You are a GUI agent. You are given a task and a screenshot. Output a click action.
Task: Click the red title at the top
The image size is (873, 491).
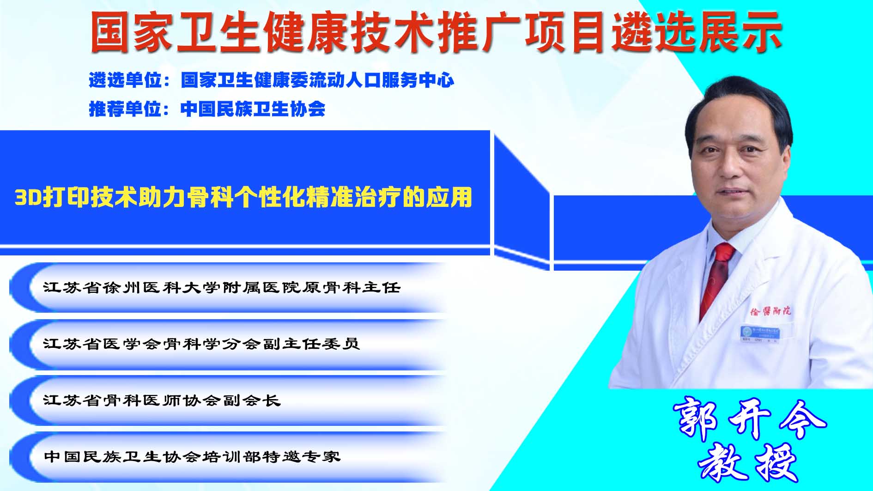(x=436, y=32)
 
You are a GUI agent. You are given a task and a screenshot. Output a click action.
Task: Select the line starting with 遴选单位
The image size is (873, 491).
(x=272, y=80)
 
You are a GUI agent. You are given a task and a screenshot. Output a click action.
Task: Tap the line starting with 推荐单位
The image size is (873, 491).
(x=207, y=109)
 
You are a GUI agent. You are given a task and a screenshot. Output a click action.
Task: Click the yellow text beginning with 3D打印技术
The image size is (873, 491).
(x=243, y=197)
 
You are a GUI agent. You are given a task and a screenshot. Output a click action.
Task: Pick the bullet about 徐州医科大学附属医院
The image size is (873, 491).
(x=222, y=287)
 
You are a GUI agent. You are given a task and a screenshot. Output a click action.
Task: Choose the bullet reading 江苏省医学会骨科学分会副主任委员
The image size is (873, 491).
(x=201, y=344)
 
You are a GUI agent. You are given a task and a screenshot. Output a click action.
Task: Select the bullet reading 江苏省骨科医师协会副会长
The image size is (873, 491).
(x=162, y=400)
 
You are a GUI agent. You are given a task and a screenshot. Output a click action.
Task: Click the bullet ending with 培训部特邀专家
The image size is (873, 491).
(x=192, y=456)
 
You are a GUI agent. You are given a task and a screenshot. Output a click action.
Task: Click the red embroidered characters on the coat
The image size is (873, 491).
(x=770, y=311)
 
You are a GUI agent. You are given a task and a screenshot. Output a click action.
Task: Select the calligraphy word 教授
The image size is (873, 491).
(x=748, y=462)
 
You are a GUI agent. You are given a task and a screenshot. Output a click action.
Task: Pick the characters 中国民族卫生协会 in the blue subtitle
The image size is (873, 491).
(x=253, y=109)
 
